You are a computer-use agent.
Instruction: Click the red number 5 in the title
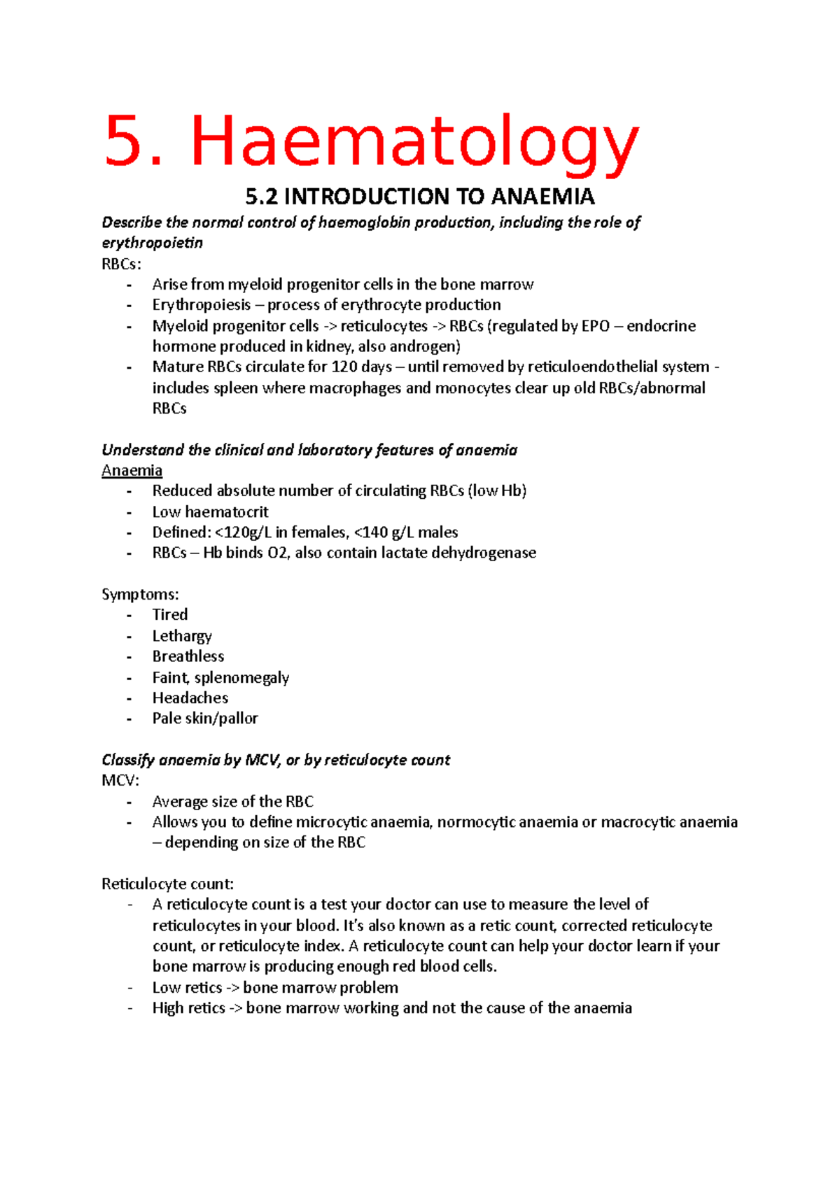(x=124, y=142)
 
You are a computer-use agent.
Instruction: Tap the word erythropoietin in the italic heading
(x=152, y=243)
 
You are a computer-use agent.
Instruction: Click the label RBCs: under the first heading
(x=121, y=264)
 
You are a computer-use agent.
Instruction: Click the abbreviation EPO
(x=595, y=326)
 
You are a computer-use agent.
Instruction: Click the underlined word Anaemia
(x=132, y=470)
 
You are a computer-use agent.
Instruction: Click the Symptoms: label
(x=140, y=594)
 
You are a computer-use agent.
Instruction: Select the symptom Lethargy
(x=182, y=636)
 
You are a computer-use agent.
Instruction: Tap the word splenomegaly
(x=241, y=677)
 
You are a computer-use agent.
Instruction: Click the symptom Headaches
(x=190, y=698)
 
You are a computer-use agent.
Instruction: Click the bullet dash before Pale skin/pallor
(x=129, y=719)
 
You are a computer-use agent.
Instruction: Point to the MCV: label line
(x=120, y=780)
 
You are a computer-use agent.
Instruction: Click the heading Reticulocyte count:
(x=167, y=884)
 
